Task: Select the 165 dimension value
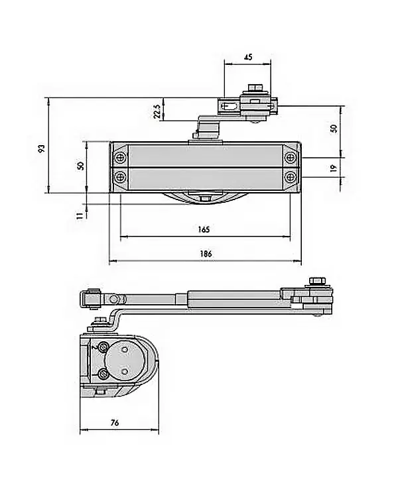point(204,229)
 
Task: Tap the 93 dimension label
point(41,149)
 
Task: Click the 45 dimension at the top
point(247,58)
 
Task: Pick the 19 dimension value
point(333,168)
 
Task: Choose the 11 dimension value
point(79,214)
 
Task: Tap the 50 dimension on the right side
point(333,129)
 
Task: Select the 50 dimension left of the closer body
point(80,166)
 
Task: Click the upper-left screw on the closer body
point(119,158)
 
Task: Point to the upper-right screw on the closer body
point(291,158)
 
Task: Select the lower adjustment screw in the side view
point(103,374)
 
